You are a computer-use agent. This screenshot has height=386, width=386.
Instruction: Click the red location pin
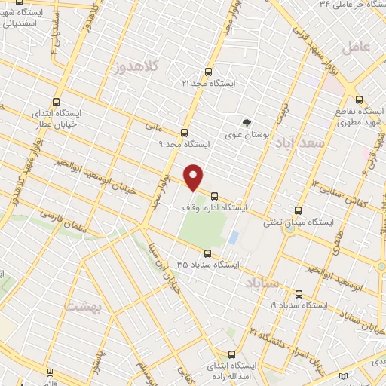(x=195, y=178)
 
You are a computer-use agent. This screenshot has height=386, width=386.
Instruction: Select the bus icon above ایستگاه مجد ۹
(x=185, y=133)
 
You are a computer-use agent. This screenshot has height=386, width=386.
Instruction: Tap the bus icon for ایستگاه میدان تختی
(x=299, y=212)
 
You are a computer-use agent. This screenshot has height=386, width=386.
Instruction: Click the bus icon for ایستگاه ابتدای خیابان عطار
(x=57, y=103)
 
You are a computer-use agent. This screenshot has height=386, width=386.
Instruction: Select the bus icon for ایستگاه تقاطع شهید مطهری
(x=359, y=99)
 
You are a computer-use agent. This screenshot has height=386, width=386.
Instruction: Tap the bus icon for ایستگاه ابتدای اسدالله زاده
(x=231, y=354)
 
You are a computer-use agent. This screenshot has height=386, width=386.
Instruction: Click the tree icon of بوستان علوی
(x=246, y=123)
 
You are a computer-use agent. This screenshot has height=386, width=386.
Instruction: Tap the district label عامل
(x=357, y=47)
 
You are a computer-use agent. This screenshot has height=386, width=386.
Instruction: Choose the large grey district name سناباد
(x=263, y=283)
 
